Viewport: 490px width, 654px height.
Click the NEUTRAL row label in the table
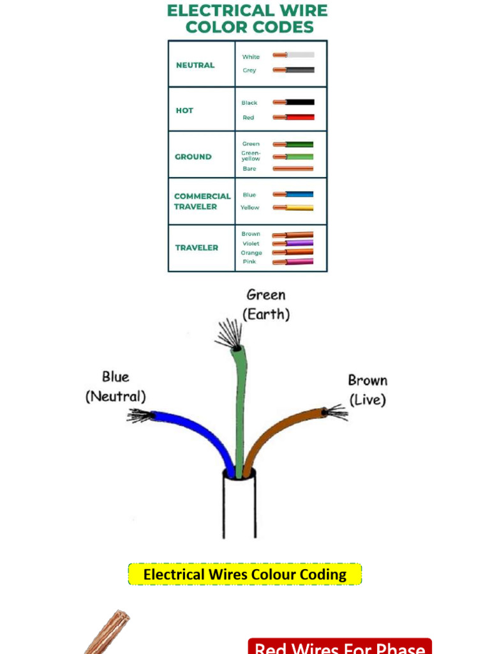(x=195, y=65)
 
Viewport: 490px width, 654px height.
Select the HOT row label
(x=184, y=110)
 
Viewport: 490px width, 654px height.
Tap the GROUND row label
(x=193, y=156)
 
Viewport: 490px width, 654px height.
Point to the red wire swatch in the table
(x=299, y=118)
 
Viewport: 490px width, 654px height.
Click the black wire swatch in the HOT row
(x=299, y=102)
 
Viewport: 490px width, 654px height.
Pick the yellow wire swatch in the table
(x=299, y=208)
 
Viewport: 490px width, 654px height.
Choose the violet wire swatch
(x=299, y=243)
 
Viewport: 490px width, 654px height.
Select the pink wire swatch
(x=299, y=262)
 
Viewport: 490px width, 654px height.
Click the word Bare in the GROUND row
(x=249, y=169)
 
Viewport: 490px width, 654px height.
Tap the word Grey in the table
(x=249, y=70)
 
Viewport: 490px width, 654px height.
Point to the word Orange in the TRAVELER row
(x=251, y=253)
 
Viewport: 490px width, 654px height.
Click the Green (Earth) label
(x=266, y=305)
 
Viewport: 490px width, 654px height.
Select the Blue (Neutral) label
(x=115, y=386)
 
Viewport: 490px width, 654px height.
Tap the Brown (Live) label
(x=367, y=390)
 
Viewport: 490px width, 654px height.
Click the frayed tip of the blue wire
(x=139, y=416)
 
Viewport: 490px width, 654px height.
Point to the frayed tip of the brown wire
(x=336, y=412)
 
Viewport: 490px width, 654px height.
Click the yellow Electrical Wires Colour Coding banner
(x=245, y=574)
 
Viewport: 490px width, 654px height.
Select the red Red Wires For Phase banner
(x=340, y=648)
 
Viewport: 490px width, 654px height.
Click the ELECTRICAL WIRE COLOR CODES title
(x=248, y=19)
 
